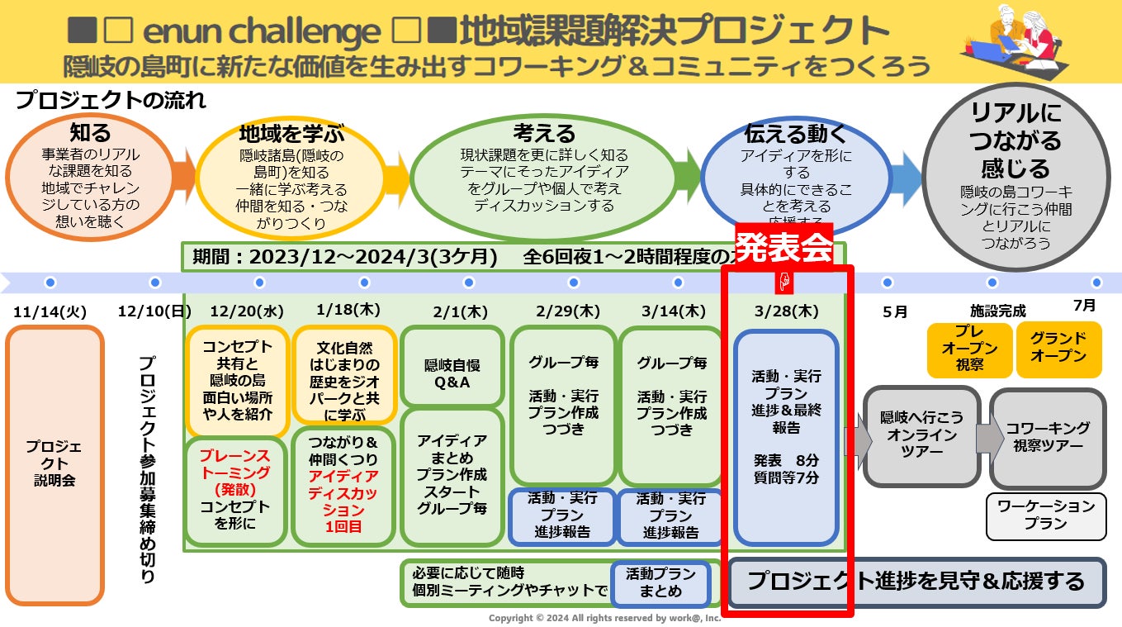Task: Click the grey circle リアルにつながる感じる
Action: (1015, 178)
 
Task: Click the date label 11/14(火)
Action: (50, 312)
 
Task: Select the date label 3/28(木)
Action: (785, 311)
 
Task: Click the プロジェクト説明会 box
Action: (54, 464)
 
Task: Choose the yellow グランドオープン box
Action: (1058, 348)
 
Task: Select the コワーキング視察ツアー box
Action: (1047, 436)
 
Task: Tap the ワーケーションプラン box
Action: (1046, 515)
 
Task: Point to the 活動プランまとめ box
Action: (660, 582)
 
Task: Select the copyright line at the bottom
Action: (604, 618)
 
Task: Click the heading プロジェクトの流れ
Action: (111, 102)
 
